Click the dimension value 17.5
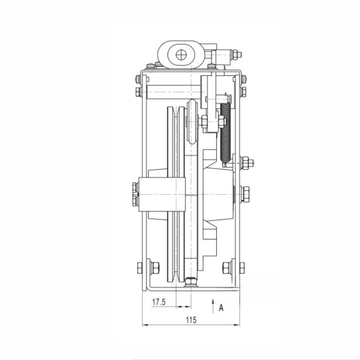click(x=159, y=302)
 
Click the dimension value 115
click(x=191, y=320)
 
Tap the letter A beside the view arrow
click(x=221, y=308)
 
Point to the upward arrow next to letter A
click(x=213, y=306)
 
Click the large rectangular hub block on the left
click(x=162, y=194)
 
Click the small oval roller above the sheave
click(x=192, y=121)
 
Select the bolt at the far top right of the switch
click(x=237, y=55)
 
